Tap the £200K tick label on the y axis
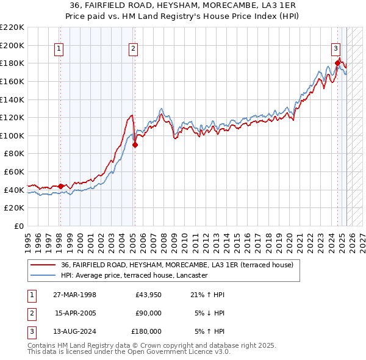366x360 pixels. point(12,45)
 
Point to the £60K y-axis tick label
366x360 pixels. point(15,172)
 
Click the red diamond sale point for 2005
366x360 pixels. point(135,145)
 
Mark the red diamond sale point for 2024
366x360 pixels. point(337,62)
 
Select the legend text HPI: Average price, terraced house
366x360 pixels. point(135,275)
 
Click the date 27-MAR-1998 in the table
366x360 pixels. point(75,295)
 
